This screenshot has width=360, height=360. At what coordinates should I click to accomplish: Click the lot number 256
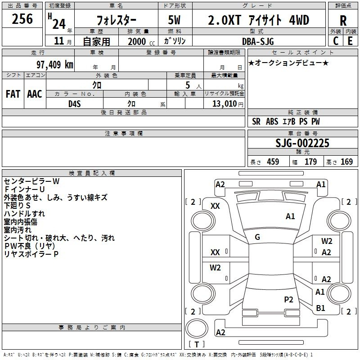[x=22, y=19]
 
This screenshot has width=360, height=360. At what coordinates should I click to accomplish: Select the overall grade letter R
[x=343, y=21]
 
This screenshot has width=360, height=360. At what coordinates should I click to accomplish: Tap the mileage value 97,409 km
[x=55, y=65]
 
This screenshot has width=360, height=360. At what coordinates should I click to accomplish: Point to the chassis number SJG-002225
[x=302, y=143]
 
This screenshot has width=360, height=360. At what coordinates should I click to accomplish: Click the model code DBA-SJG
[x=258, y=41]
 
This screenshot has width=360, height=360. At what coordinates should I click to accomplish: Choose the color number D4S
[x=75, y=104]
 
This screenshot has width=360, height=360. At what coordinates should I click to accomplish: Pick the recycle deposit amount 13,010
[x=224, y=104]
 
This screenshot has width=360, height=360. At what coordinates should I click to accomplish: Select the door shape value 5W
[x=174, y=20]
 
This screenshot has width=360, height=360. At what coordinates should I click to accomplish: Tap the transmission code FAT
[x=13, y=94]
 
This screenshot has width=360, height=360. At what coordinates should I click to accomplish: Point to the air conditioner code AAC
[x=35, y=94]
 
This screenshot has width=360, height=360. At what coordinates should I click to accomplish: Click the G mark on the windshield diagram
[x=257, y=237]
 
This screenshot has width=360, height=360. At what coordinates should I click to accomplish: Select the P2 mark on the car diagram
[x=288, y=299]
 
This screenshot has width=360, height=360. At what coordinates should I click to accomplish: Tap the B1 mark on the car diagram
[x=320, y=308]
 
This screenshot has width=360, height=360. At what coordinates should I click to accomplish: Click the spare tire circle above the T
[x=197, y=328]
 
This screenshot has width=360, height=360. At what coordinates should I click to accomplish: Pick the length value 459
[x=273, y=162]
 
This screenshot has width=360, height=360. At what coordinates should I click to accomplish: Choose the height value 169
[x=346, y=162]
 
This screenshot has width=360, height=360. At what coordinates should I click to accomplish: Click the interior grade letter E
[x=350, y=41]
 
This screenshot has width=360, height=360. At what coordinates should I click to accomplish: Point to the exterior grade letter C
[x=336, y=41]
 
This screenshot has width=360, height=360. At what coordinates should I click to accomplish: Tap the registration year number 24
[x=59, y=24]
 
